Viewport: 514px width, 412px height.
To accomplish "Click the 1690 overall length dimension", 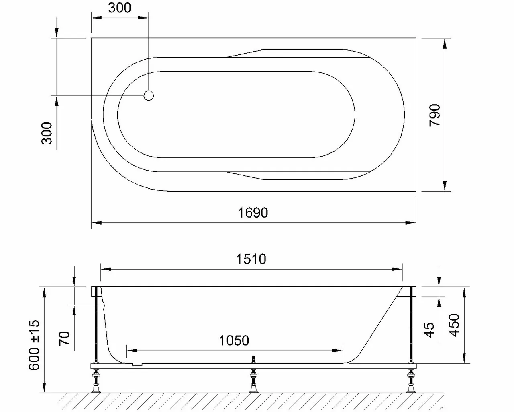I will (253, 212).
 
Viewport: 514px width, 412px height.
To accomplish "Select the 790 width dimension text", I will (435, 115).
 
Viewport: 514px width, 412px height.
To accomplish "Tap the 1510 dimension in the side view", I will (251, 259).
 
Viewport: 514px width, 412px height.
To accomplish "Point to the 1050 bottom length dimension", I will (234, 341).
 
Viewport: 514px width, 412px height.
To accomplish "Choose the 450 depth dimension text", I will (454, 325).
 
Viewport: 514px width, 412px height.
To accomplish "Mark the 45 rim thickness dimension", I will (429, 330).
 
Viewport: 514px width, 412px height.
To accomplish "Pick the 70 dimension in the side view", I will (65, 337).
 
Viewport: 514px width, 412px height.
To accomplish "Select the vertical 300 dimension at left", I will (47, 133).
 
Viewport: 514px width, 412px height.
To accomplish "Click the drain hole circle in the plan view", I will (149, 96).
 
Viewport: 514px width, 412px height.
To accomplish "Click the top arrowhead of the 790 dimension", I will (445, 43).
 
